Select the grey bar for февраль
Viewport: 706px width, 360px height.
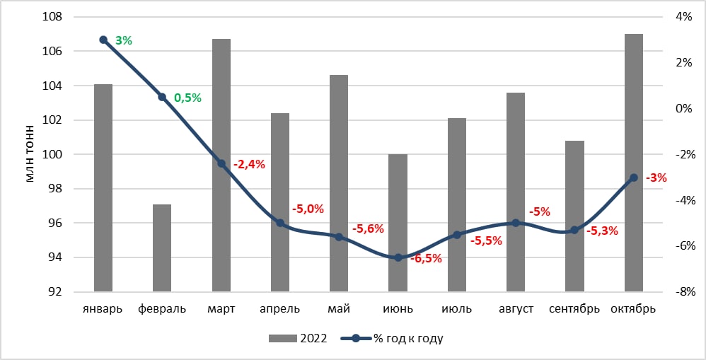pos(162,248)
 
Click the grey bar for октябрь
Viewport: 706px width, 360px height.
pos(634,163)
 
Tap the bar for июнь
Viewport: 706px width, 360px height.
pos(398,223)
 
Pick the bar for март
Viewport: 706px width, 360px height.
pos(221,166)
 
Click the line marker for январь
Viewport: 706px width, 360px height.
pos(103,40)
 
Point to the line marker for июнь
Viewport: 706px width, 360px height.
pos(398,258)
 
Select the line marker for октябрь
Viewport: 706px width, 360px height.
pos(634,178)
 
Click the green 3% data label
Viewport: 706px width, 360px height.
pos(124,40)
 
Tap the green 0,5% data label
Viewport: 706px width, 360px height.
pos(187,98)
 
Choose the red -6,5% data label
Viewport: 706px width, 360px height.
pos(426,259)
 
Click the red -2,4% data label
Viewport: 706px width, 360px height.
pos(250,164)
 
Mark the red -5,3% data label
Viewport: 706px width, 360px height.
pos(602,231)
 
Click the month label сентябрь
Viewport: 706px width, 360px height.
pos(574,310)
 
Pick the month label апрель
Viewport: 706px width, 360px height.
pos(280,310)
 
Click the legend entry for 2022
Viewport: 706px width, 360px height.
pos(298,338)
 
